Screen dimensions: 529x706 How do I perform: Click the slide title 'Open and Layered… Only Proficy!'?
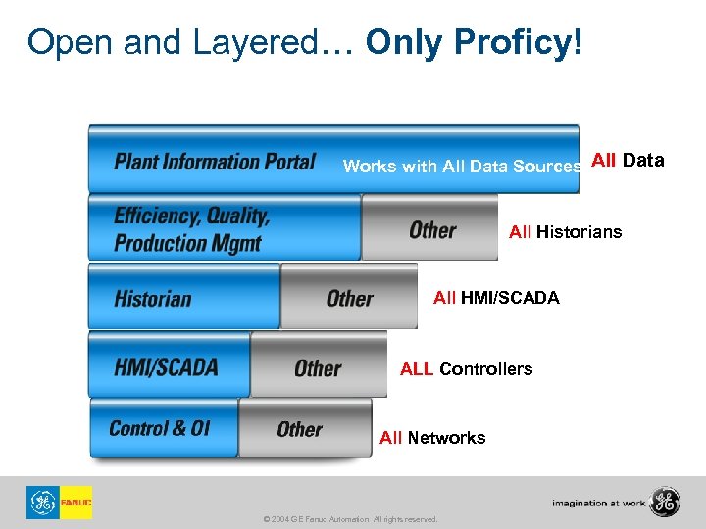pyautogui.click(x=305, y=42)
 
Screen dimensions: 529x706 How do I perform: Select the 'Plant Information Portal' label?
pyautogui.click(x=215, y=161)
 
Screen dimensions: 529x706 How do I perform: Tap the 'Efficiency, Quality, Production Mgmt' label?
pyautogui.click(x=192, y=229)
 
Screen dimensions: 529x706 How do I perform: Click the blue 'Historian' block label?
pyautogui.click(x=153, y=298)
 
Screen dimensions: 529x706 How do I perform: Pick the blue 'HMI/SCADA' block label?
pyautogui.click(x=166, y=367)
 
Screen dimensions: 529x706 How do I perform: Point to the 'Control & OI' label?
pyautogui.click(x=159, y=428)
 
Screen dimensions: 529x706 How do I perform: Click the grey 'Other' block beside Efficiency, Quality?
pyautogui.click(x=432, y=230)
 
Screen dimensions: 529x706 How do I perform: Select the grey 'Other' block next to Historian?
pyautogui.click(x=349, y=298)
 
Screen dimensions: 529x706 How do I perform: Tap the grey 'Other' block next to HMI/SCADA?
pyautogui.click(x=318, y=368)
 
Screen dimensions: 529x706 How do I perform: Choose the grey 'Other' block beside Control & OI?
pyautogui.click(x=300, y=429)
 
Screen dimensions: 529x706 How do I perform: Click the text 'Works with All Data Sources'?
pyautogui.click(x=462, y=167)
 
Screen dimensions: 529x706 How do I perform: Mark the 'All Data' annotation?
pyautogui.click(x=628, y=160)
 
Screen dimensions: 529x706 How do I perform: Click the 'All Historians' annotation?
pyautogui.click(x=565, y=232)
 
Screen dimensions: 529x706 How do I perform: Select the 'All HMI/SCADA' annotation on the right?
pyautogui.click(x=496, y=298)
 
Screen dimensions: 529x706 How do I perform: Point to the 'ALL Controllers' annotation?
pyautogui.click(x=466, y=369)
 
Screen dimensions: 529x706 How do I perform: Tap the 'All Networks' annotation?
pyautogui.click(x=432, y=438)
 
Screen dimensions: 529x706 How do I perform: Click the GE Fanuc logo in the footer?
pyautogui.click(x=59, y=503)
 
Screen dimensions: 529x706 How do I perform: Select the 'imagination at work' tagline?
pyautogui.click(x=598, y=503)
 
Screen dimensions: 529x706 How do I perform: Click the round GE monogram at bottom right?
pyautogui.click(x=665, y=502)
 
